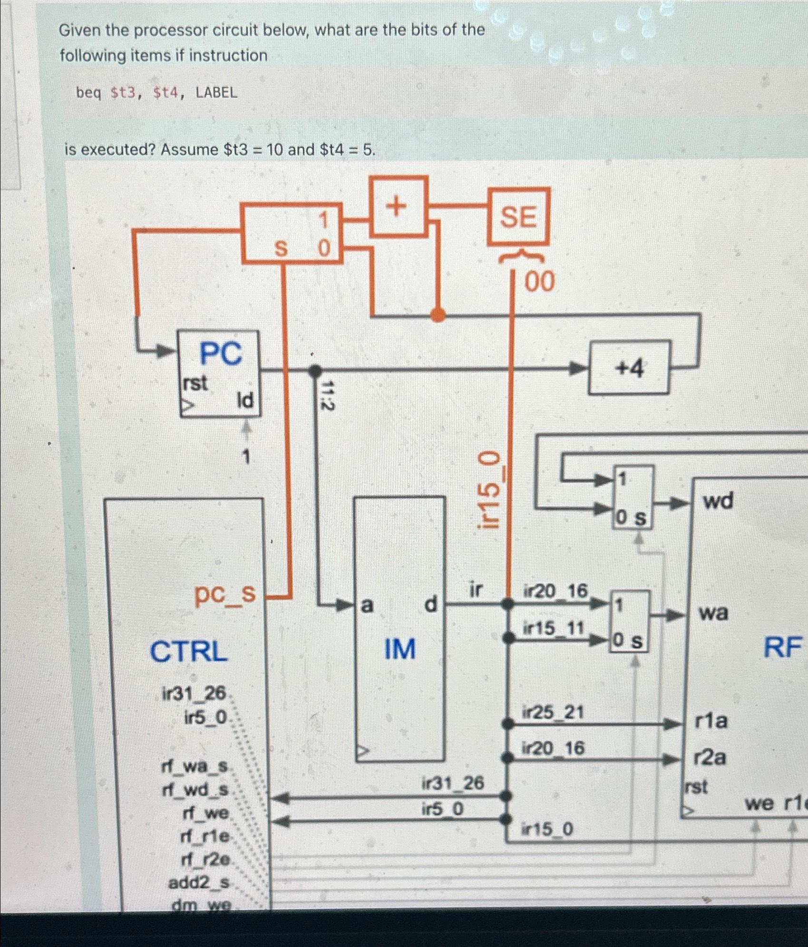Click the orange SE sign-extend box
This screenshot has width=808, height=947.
tap(518, 217)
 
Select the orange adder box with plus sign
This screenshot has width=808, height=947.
tap(399, 206)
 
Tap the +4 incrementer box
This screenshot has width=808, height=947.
tap(629, 368)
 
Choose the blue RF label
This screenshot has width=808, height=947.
tap(782, 647)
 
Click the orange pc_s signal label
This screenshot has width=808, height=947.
tap(225, 594)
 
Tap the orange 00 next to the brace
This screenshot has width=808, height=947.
tap(539, 282)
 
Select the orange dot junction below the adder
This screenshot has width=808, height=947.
tap(438, 314)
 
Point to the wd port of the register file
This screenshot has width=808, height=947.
tap(718, 501)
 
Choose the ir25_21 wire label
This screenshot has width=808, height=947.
tap(553, 713)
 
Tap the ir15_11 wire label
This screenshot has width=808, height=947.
tap(553, 628)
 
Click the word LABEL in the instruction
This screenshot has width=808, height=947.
tap(216, 93)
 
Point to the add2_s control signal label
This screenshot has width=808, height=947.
tap(199, 883)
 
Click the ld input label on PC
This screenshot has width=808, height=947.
tap(245, 401)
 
